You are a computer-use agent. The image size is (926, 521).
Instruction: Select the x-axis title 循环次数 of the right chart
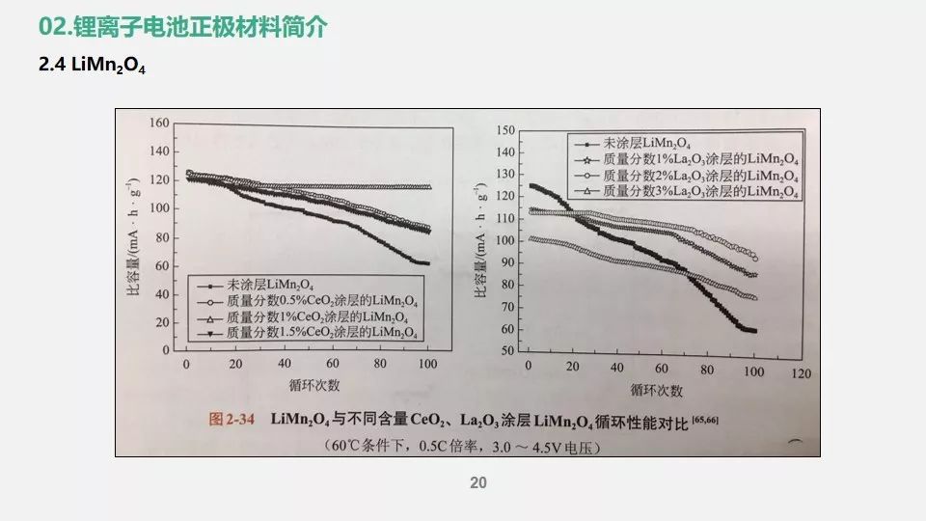click(x=657, y=390)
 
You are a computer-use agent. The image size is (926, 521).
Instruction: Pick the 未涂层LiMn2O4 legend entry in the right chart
click(x=666, y=142)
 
